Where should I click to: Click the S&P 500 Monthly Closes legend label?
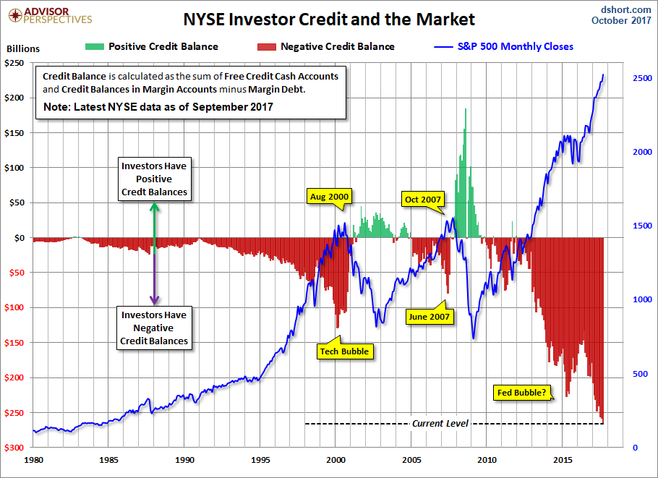click(x=515, y=47)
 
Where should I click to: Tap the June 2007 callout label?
click(x=429, y=316)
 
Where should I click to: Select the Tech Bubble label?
click(x=344, y=351)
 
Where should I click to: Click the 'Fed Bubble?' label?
click(x=522, y=393)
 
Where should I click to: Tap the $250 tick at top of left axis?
click(x=16, y=63)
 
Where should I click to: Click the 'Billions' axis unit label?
click(x=23, y=50)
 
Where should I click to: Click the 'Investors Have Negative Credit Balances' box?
click(x=154, y=328)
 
